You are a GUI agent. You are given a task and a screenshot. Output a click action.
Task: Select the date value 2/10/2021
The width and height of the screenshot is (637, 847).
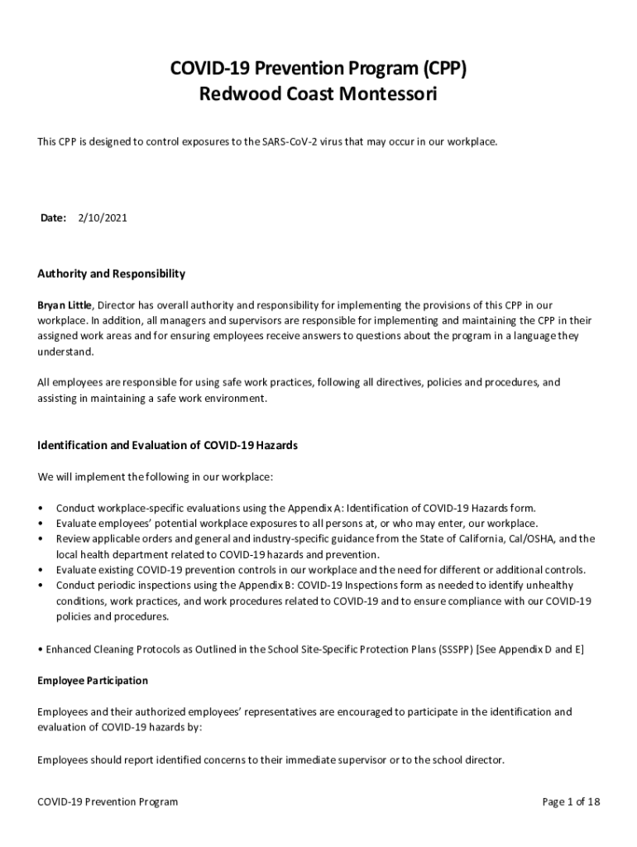tap(103, 218)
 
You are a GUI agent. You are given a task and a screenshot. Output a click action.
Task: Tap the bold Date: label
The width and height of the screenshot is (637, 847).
tap(54, 218)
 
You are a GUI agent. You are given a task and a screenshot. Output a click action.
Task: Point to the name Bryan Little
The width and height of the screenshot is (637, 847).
tap(65, 305)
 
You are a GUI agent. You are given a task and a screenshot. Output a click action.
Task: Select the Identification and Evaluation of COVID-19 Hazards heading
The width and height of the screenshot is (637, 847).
tap(168, 446)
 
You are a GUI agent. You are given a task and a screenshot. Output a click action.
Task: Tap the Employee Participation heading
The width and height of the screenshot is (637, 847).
tap(93, 681)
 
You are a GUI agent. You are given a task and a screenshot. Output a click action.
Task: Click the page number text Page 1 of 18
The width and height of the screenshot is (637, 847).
tap(571, 802)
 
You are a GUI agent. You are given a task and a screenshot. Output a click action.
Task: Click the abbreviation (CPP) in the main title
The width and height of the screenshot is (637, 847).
tap(440, 69)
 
